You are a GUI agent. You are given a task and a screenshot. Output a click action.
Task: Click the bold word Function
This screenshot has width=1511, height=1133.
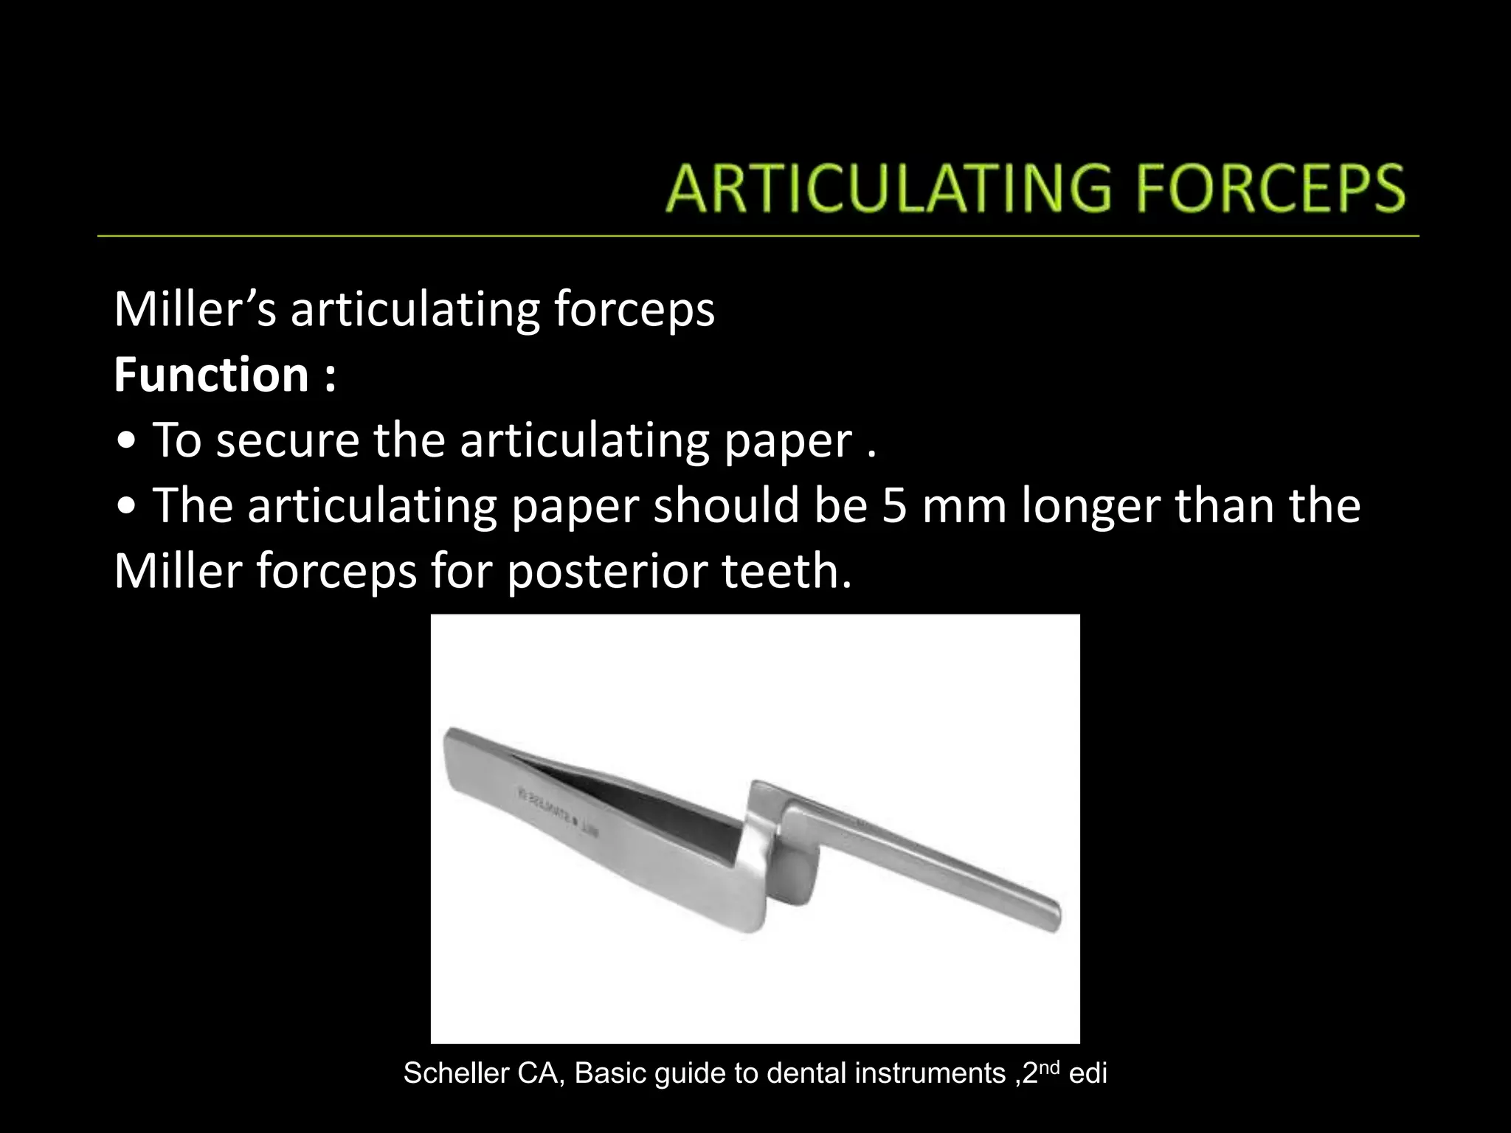pyautogui.click(x=211, y=375)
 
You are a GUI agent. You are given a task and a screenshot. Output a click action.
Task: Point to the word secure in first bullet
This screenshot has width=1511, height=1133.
pyautogui.click(x=288, y=440)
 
